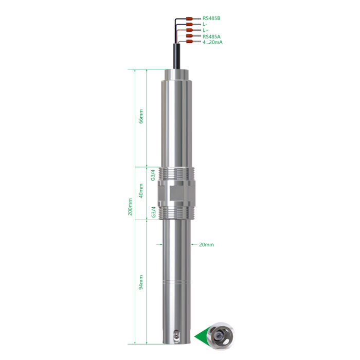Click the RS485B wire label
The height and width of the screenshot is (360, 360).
point(211,19)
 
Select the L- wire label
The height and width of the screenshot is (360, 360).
point(205,24)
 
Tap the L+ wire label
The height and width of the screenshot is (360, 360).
point(205,30)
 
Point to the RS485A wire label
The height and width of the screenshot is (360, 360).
point(211,37)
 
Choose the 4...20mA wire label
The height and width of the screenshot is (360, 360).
point(212,42)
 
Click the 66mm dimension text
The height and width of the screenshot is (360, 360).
point(141,116)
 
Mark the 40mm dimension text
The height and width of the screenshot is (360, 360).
point(141,191)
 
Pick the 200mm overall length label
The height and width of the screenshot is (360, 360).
point(130,207)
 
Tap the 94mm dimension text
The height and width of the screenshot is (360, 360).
point(141,282)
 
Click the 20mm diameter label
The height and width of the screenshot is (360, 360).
point(206,245)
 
